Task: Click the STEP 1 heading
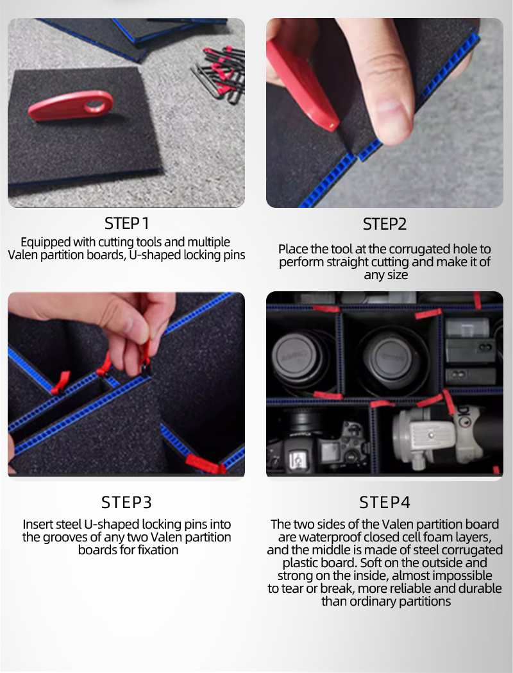point(126,223)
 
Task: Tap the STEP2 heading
point(384,224)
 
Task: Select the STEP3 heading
point(126,502)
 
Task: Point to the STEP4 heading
point(385,502)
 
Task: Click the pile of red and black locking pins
point(219,75)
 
